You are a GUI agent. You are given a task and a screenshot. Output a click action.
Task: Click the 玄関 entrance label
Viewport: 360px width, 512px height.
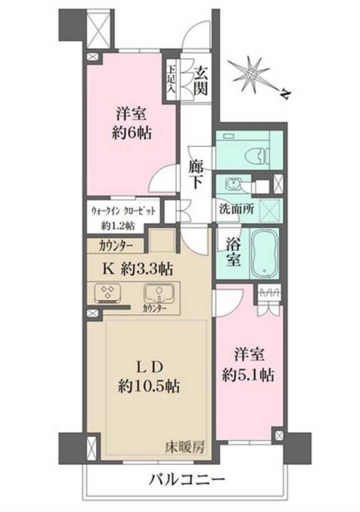(x=201, y=79)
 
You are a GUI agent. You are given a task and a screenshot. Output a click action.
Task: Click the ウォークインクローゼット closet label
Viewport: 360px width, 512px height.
(x=123, y=210)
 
